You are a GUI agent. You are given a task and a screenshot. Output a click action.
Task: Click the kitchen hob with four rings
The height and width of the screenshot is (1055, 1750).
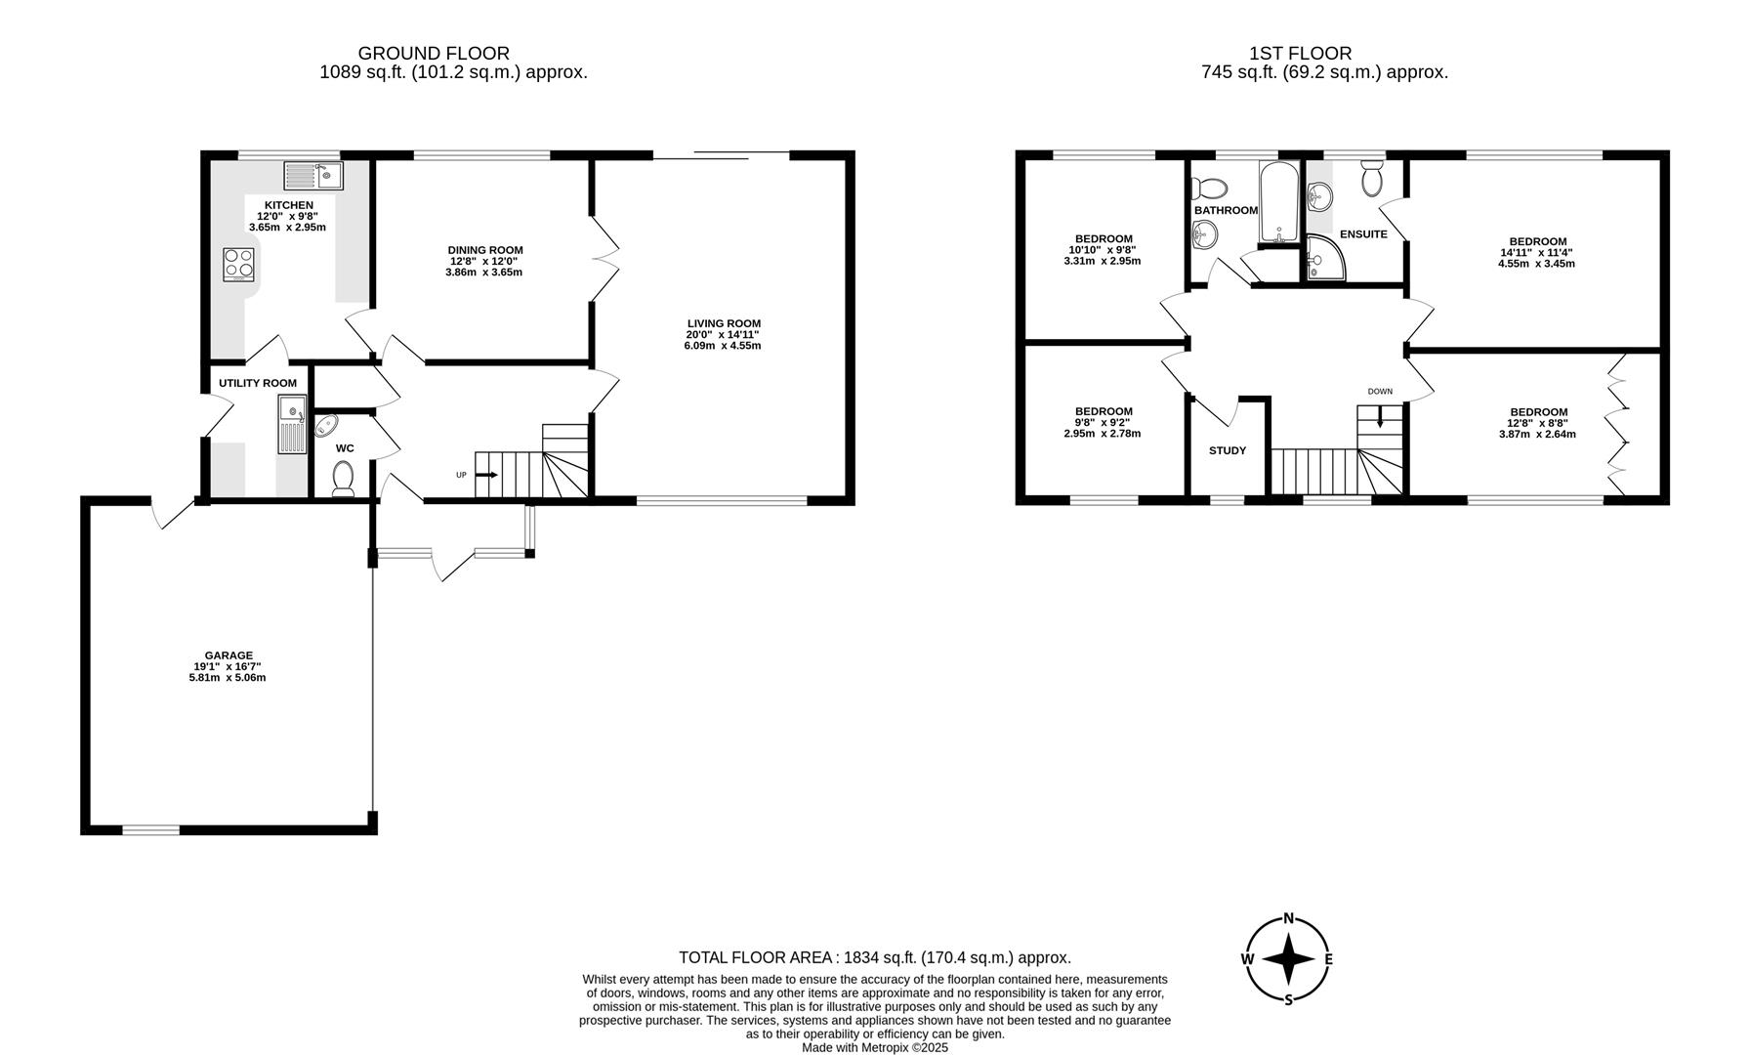tap(239, 264)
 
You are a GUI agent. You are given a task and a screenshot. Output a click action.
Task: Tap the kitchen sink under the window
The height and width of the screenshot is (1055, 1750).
tap(313, 176)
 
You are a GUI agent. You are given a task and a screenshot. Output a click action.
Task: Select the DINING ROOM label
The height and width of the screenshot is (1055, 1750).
tap(485, 250)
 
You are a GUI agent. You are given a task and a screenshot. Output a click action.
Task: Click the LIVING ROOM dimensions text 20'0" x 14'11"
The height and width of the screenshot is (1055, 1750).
tap(723, 335)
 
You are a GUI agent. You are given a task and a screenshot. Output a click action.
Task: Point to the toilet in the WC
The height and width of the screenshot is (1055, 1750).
tap(343, 479)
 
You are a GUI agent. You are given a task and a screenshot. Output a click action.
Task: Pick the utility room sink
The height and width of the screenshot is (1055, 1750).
tap(292, 424)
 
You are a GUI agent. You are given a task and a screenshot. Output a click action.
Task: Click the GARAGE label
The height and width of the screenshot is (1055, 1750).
tap(229, 655)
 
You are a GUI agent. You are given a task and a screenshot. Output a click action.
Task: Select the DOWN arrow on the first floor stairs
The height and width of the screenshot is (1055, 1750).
tap(1379, 419)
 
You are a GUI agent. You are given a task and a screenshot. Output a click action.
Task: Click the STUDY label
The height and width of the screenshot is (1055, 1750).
tap(1227, 450)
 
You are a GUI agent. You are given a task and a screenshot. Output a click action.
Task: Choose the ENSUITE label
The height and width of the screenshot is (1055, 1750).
tap(1363, 234)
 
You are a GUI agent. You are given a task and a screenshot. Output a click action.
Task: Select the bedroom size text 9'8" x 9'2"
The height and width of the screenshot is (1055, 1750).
tap(1103, 422)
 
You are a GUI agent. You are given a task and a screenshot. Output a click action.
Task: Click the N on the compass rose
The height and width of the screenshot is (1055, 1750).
tap(1288, 918)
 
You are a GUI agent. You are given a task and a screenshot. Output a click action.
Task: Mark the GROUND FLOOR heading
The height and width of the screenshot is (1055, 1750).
tap(434, 54)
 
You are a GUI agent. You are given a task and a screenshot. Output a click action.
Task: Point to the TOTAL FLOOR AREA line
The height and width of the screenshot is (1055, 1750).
tap(874, 958)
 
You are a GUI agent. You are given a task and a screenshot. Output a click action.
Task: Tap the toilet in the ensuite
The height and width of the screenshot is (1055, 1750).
tap(1371, 178)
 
